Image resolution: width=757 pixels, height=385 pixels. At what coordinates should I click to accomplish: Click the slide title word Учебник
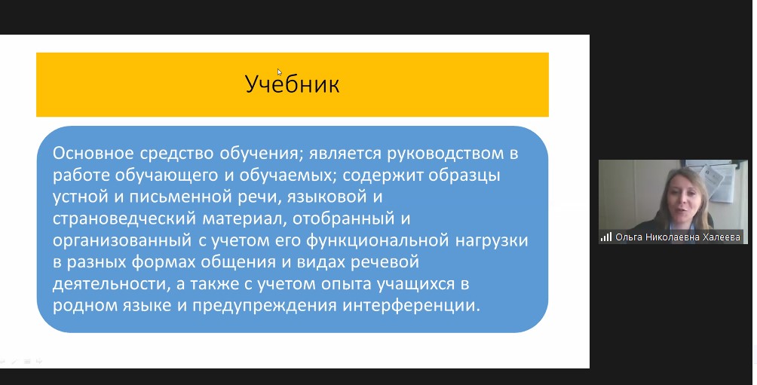pyautogui.click(x=292, y=84)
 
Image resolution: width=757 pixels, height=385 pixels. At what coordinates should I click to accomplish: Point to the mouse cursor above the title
pyautogui.click(x=280, y=72)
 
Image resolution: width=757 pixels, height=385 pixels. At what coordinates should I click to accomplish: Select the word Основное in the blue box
pyautogui.click(x=93, y=154)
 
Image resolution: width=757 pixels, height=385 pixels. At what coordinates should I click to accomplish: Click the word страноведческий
pyautogui.click(x=124, y=219)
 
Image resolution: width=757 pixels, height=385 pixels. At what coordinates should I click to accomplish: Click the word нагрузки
pyautogui.click(x=492, y=241)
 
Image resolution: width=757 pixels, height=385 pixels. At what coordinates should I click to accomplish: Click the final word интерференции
pyautogui.click(x=412, y=306)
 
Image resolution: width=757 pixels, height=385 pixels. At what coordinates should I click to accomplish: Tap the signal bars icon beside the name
pyautogui.click(x=606, y=237)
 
